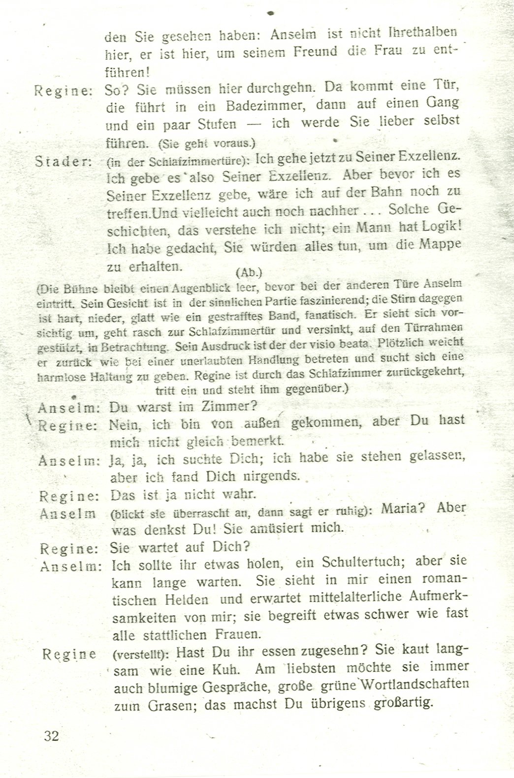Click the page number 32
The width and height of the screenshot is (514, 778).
[51, 736]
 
